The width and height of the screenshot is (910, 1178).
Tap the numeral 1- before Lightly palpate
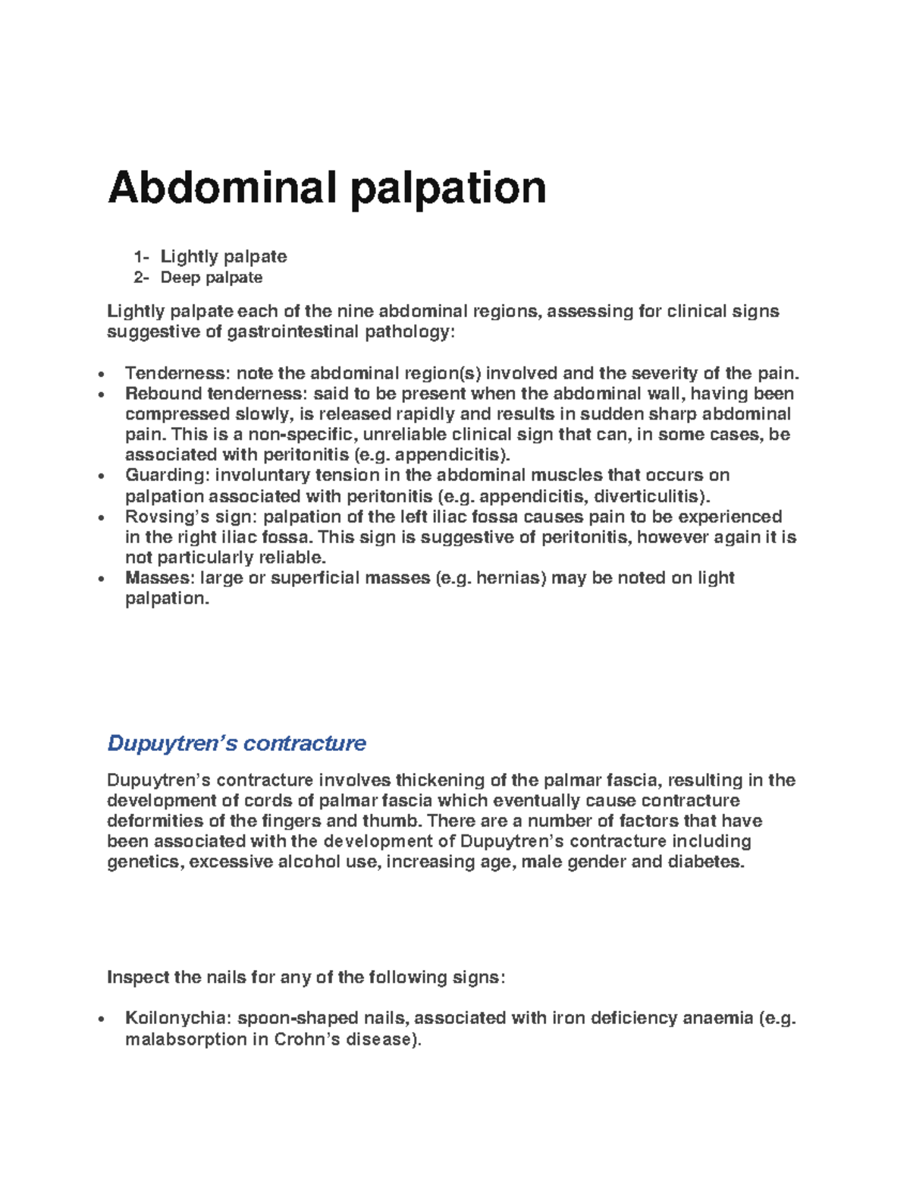pyautogui.click(x=141, y=256)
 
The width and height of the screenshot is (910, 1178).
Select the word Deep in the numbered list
pyautogui.click(x=180, y=278)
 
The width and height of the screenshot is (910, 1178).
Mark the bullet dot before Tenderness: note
pyautogui.click(x=100, y=374)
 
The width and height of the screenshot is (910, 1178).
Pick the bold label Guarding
pyautogui.click(x=167, y=476)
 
